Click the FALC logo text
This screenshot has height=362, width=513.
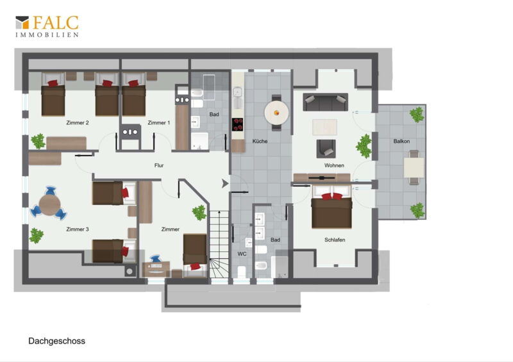coord(56,22)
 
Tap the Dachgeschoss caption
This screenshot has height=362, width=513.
coord(56,341)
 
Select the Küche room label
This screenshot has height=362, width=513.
coord(260,141)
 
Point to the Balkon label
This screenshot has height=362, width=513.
coord(401,141)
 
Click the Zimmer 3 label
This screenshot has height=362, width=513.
coord(78,229)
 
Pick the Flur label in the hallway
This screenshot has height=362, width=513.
coord(159,165)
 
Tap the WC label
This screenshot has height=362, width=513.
coord(242,254)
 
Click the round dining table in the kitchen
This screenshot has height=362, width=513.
coord(276,113)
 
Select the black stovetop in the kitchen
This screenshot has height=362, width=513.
coord(238,124)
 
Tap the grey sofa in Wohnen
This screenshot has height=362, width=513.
coord(326,102)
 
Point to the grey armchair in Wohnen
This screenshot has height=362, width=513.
coord(326,149)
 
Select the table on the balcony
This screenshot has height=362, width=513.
coord(414,168)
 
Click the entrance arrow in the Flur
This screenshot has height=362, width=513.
coord(225,184)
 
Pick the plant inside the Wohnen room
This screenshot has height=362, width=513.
coord(364,146)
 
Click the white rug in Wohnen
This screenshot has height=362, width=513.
coord(324,128)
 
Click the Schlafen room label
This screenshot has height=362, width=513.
coord(335,240)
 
